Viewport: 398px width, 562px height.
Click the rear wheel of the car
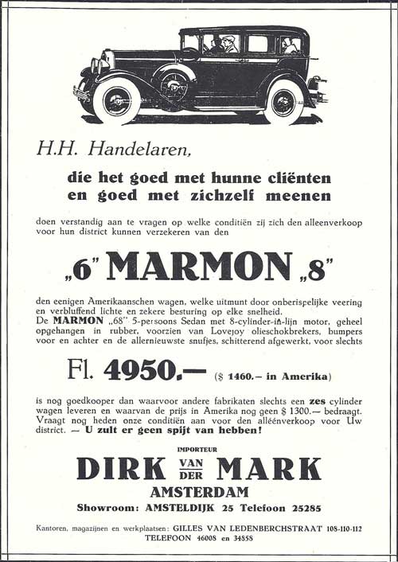283,102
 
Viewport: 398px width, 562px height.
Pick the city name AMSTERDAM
199,492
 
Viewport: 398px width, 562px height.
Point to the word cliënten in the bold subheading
292,177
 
